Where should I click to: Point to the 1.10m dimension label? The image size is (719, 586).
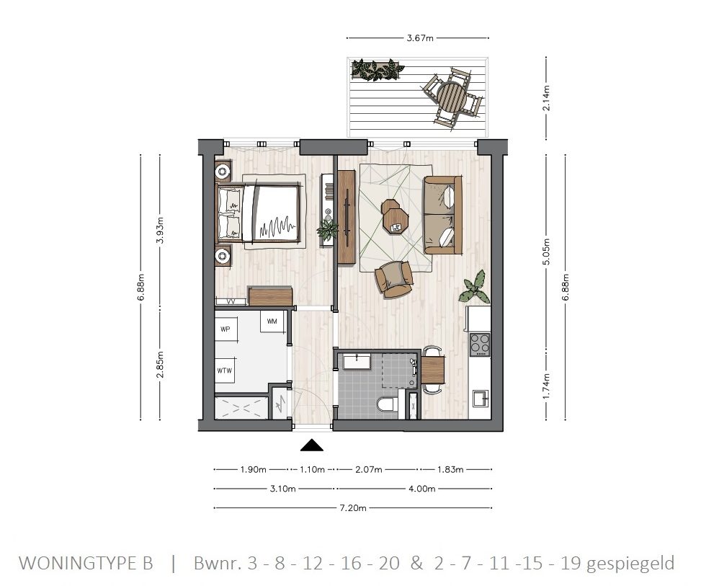(x=311, y=469)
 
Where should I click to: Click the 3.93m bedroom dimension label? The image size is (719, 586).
(x=160, y=231)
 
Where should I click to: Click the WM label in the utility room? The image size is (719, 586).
(x=272, y=321)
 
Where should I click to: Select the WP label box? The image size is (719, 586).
(x=225, y=329)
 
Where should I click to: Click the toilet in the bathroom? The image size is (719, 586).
(x=386, y=406)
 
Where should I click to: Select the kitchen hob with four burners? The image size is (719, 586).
(x=479, y=345)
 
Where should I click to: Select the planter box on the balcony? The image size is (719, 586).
(x=377, y=70)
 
